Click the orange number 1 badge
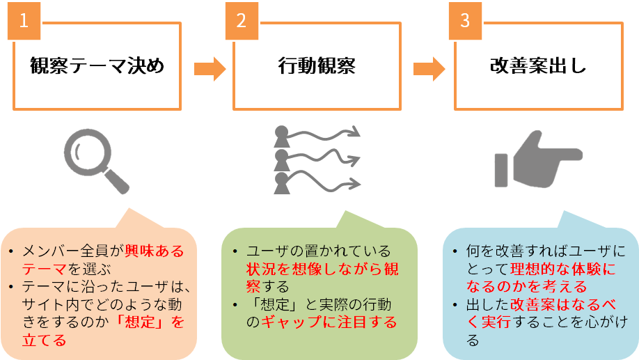point(24,20)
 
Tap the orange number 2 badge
point(242,20)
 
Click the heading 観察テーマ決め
point(97,67)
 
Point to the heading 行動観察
point(316,67)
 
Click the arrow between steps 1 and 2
point(209,68)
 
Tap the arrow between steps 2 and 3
point(428,68)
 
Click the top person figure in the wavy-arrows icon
point(282,134)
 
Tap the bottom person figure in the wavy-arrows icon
point(282,184)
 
